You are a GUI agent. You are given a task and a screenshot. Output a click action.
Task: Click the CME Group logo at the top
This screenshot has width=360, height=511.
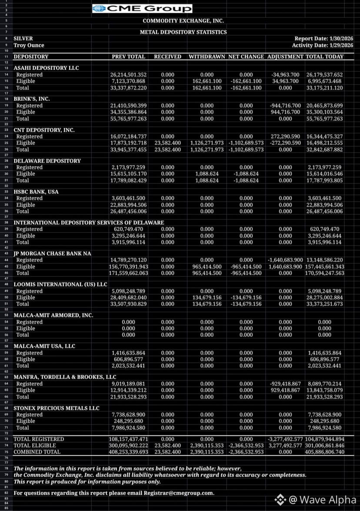(x=142, y=9)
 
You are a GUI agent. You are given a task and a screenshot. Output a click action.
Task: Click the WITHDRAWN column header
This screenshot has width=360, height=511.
(x=207, y=56)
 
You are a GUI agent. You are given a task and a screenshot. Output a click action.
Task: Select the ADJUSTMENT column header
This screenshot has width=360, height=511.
(x=285, y=56)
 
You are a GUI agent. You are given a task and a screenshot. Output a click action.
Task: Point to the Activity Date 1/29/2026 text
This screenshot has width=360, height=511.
(x=322, y=45)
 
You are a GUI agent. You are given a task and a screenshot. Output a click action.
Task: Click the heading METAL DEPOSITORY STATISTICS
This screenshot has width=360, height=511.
(x=183, y=32)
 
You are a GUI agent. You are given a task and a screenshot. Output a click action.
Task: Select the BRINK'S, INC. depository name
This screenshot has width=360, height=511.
(x=32, y=99)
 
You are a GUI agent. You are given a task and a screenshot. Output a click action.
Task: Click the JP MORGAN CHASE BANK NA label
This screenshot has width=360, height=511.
(x=47, y=253)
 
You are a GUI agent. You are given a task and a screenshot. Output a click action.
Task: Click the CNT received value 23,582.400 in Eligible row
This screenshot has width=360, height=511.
(x=167, y=143)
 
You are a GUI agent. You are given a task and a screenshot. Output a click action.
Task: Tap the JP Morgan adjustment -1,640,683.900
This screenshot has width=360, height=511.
(x=285, y=260)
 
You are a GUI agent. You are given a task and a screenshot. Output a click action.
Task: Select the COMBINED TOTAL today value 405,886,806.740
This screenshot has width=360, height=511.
(x=325, y=452)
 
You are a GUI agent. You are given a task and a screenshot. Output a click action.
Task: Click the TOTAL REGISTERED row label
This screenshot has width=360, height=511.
(x=39, y=439)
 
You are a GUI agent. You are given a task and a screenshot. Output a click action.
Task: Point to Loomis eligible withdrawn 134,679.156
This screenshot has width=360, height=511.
(x=207, y=298)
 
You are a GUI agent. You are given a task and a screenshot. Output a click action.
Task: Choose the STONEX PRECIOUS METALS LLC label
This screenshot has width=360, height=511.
(x=57, y=408)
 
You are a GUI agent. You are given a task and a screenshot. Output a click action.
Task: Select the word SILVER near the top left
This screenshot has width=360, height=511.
(x=23, y=39)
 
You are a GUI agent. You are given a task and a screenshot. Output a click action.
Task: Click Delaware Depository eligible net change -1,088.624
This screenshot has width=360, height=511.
(x=246, y=174)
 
